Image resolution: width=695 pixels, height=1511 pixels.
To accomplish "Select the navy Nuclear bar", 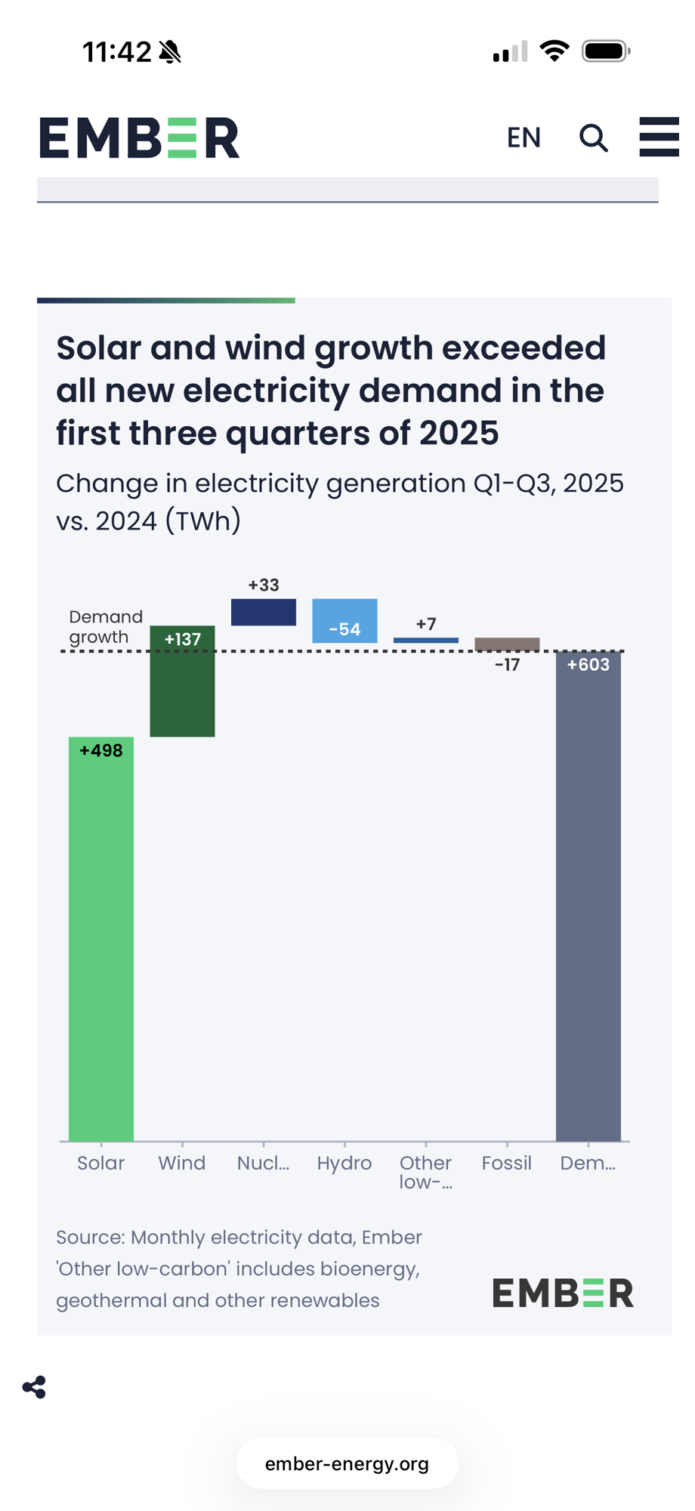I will (263, 612).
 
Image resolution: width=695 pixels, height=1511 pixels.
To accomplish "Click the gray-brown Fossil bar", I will (507, 644).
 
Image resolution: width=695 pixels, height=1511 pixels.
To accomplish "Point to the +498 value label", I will (101, 750).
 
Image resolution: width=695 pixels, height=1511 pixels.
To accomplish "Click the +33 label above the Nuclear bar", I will (264, 585).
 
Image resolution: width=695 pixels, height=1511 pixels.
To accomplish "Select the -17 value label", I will (507, 665).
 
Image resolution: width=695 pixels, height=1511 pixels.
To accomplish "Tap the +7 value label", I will (426, 624).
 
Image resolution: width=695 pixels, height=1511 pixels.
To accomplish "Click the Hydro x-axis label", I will (344, 1163).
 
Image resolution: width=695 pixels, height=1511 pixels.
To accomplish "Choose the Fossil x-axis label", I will (507, 1163).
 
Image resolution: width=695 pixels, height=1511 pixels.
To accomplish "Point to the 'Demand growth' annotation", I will (105, 627).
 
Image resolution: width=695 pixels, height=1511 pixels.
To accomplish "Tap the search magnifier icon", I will (594, 138).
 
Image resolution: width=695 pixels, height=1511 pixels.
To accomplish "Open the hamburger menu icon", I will (659, 137).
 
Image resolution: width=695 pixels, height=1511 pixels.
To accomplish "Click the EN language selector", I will (524, 138).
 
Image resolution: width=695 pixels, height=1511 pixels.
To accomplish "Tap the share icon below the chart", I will (34, 1387).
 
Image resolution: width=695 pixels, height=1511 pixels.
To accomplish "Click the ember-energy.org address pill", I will (347, 1463).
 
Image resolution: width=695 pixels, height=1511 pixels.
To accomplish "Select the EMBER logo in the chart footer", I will (563, 1293).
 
